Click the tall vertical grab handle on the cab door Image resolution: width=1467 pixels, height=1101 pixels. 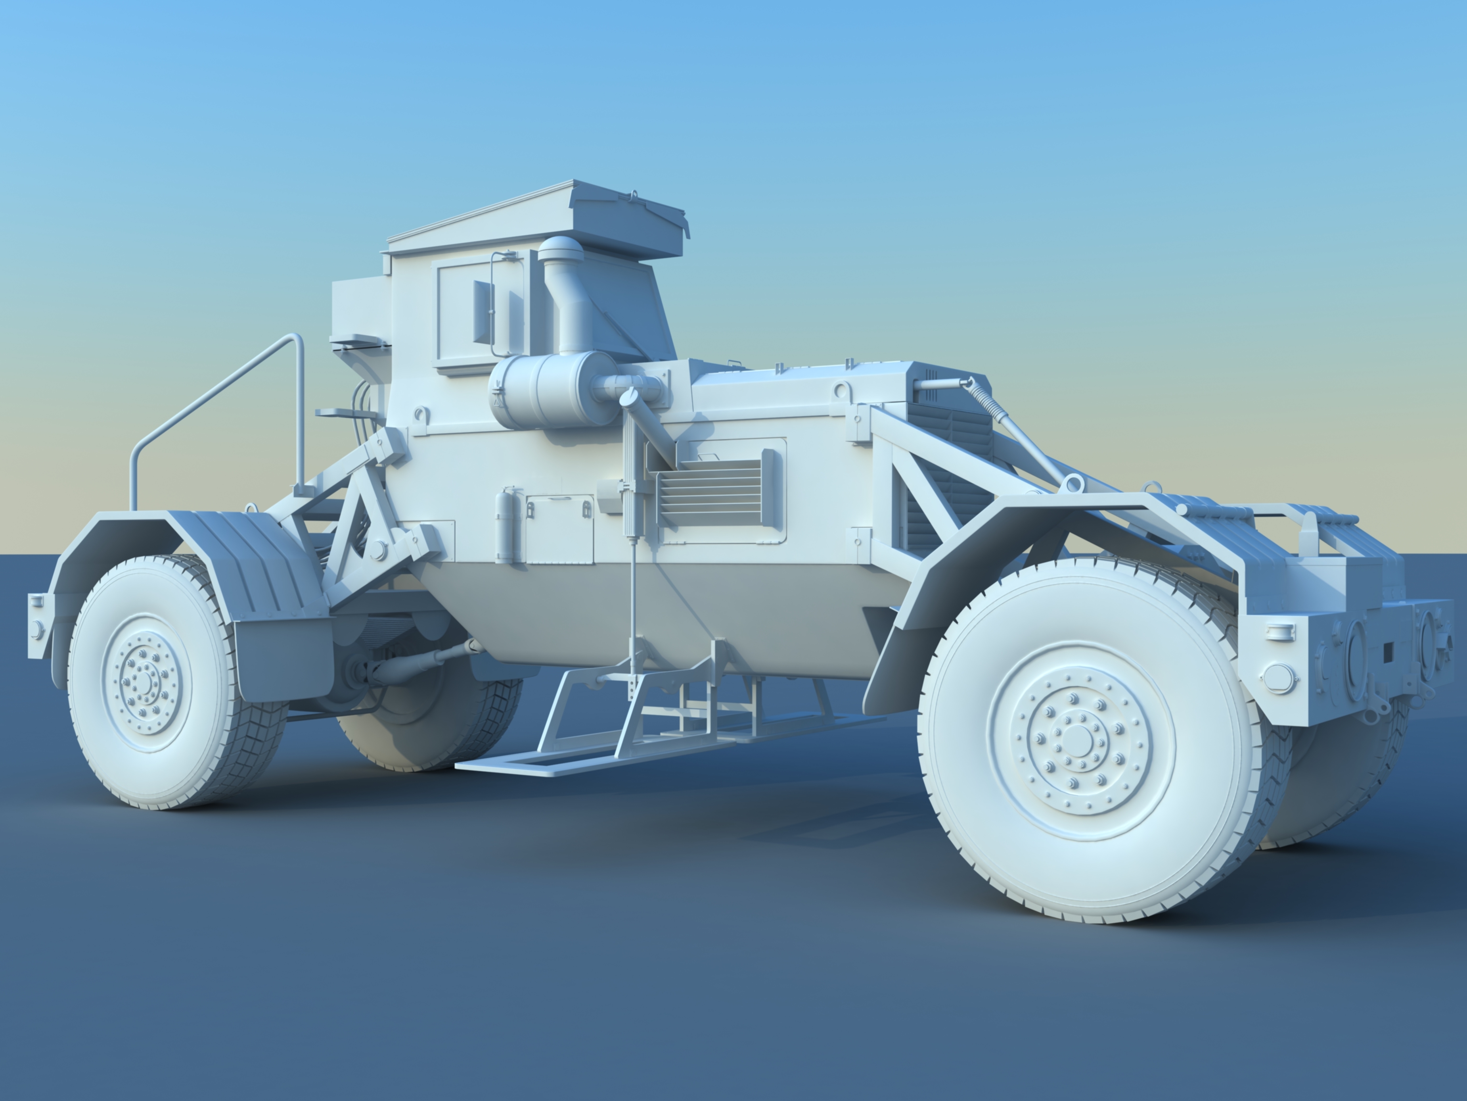[x=492, y=305]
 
